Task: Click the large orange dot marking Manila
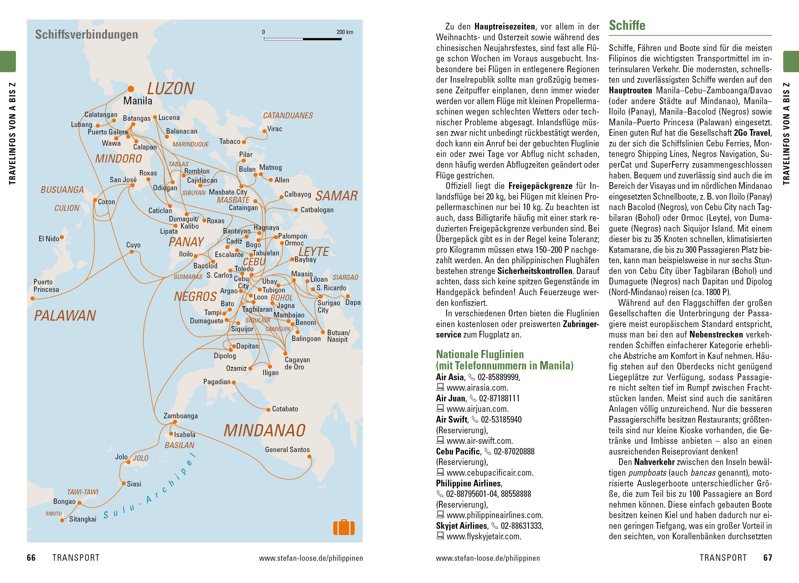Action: (131, 89)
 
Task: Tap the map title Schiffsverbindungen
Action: (86, 35)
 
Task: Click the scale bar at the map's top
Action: (303, 38)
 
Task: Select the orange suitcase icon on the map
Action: (344, 528)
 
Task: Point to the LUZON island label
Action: (170, 89)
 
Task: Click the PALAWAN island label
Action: (65, 316)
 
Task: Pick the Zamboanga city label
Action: (180, 416)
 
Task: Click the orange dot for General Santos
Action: (309, 457)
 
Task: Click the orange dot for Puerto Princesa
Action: (33, 299)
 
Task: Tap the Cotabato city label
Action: (285, 409)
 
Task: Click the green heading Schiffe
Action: (627, 25)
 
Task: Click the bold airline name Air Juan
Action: (451, 398)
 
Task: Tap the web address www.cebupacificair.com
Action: (490, 473)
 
